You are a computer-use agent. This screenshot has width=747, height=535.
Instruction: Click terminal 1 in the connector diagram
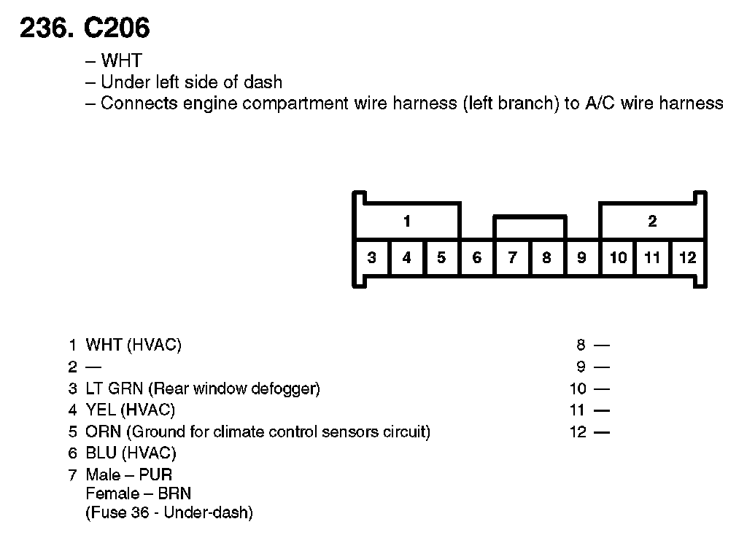[407, 221]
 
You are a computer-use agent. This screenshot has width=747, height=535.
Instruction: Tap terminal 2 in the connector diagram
[652, 221]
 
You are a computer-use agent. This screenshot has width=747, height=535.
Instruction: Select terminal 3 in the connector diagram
[372, 257]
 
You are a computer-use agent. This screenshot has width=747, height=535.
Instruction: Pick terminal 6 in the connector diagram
[477, 257]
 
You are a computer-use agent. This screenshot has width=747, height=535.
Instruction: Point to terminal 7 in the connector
[512, 257]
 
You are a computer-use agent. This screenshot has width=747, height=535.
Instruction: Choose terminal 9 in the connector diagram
[581, 257]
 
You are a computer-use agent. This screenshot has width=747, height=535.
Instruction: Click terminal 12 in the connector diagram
[687, 257]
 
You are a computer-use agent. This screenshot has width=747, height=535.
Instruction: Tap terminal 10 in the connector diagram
[618, 257]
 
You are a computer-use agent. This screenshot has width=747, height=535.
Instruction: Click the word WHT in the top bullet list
[121, 60]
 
